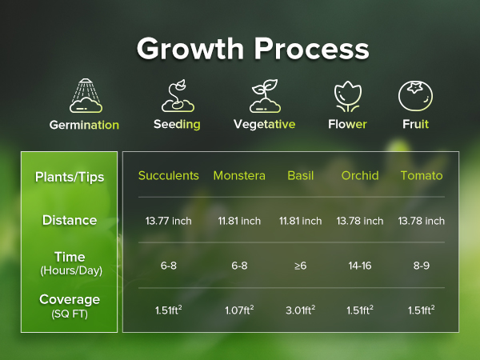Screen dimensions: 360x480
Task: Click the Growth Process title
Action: [x=252, y=48]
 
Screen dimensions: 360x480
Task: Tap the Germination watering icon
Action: [x=84, y=95]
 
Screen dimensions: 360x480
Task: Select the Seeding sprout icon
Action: [x=177, y=96]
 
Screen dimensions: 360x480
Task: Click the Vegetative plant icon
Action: [x=263, y=96]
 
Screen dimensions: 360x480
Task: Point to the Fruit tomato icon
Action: [x=415, y=96]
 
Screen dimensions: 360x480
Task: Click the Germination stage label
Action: [x=84, y=125]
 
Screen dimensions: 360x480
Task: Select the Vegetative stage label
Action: [x=264, y=125]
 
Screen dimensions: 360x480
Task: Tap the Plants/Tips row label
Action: [x=69, y=176]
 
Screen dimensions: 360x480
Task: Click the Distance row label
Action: [x=69, y=220]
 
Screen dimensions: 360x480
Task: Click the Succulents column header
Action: [x=168, y=176]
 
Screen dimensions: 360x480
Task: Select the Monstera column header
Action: [x=239, y=176]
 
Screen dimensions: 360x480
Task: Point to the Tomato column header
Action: [x=422, y=176]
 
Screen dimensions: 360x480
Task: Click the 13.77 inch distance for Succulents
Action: [x=168, y=221]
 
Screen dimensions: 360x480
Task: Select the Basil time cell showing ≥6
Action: [x=300, y=265]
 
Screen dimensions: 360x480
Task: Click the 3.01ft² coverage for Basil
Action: [x=300, y=310]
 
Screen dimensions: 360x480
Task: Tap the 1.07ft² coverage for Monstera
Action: [x=239, y=310]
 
